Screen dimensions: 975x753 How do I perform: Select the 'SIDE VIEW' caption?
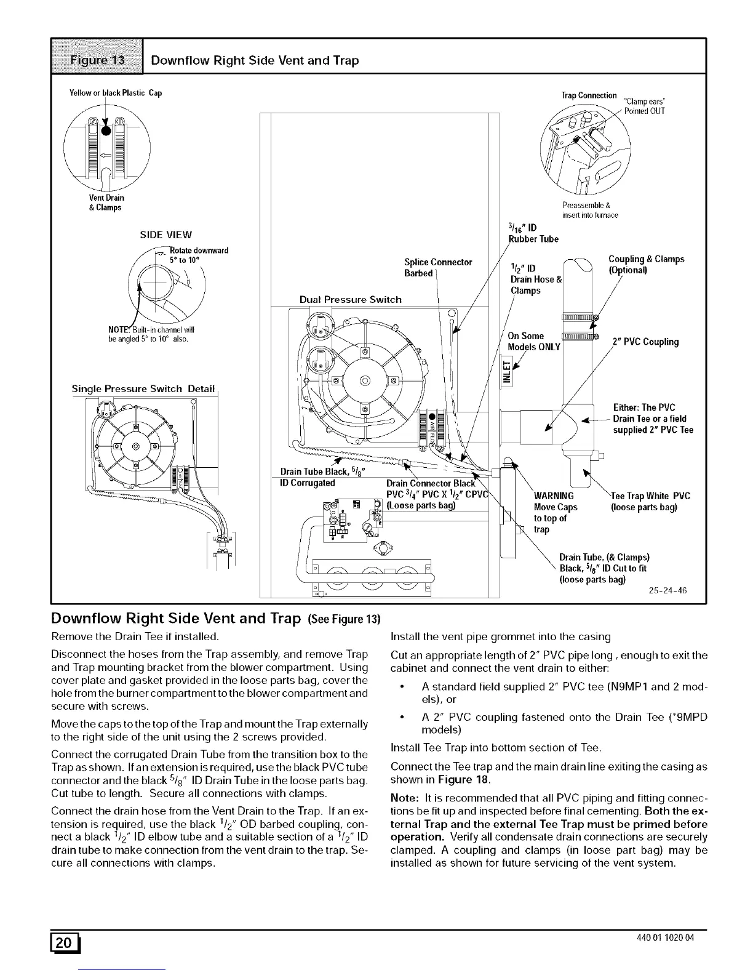(166, 235)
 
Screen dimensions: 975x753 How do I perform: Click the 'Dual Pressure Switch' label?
(350, 299)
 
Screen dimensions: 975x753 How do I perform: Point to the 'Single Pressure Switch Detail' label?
(143, 389)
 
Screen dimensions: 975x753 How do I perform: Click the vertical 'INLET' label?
(507, 371)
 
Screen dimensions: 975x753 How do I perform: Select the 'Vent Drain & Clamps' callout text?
(106, 203)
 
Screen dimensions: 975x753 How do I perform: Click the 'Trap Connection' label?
(589, 95)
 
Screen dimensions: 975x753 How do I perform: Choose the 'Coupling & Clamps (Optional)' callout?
(646, 265)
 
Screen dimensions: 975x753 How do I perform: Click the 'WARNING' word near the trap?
(554, 496)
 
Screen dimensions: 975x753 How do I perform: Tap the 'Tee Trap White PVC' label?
(650, 496)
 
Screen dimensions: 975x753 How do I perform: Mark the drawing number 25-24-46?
(667, 591)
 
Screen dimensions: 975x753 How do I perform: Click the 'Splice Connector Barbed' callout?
(438, 268)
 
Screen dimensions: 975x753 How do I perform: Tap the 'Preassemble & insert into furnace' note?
(590, 210)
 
